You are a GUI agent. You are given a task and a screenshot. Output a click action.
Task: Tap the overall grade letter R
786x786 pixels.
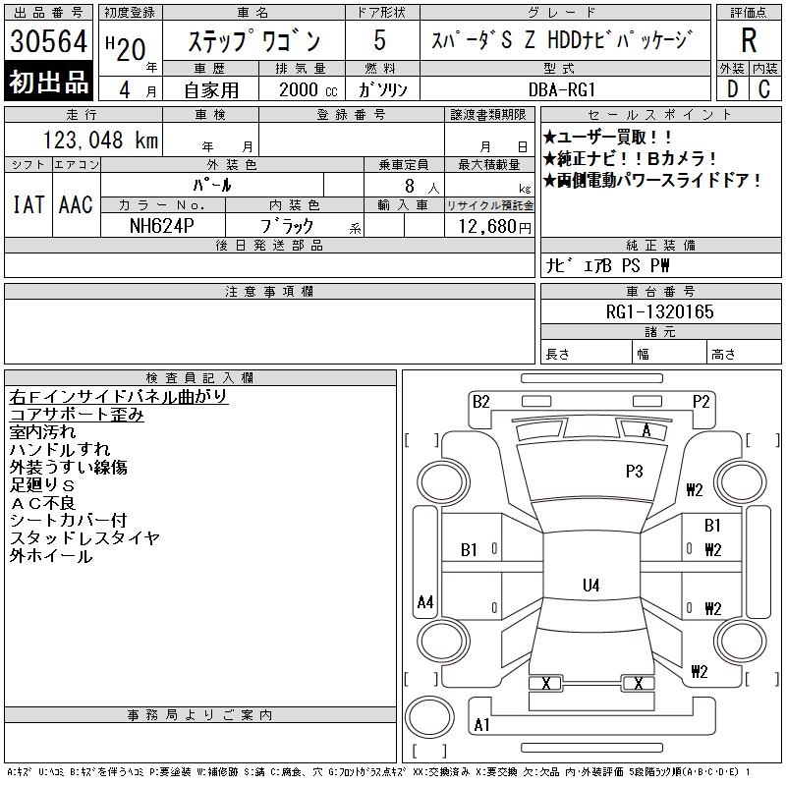749,41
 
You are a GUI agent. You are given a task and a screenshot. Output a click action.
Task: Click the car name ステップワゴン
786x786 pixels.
253,42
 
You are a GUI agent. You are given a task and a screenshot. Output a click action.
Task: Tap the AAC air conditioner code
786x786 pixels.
76,204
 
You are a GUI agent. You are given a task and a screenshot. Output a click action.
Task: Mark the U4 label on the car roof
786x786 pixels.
590,586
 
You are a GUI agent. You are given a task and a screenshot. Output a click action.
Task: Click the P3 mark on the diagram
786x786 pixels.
634,472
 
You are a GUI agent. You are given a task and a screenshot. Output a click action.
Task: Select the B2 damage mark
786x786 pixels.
480,401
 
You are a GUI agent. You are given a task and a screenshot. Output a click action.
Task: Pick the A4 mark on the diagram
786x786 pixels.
425,601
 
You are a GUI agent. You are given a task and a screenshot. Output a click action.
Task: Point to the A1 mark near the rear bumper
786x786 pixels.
481,725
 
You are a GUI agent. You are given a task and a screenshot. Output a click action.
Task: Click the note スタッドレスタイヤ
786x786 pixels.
84,538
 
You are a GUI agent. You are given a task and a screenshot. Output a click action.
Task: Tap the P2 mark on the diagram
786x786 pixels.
701,401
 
